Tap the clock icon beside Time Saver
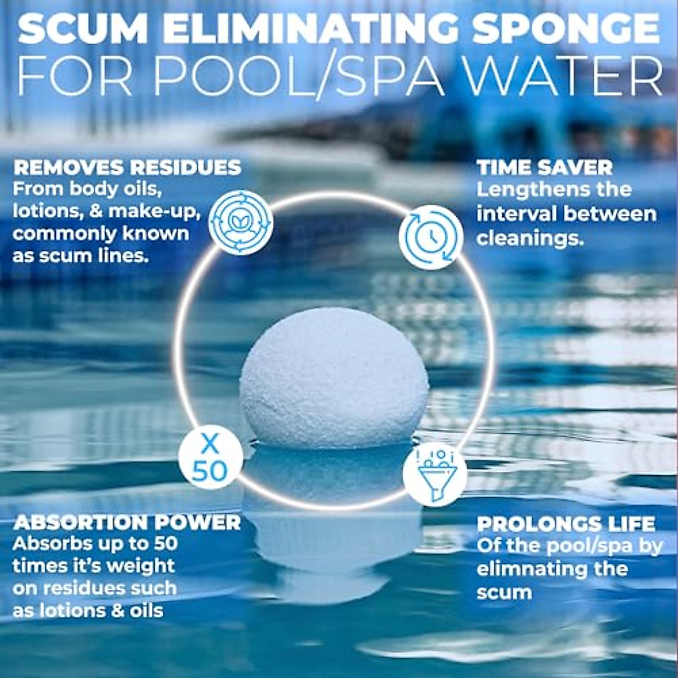coord(431,237)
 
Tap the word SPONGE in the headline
coord(565,29)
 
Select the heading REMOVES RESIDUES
coord(127,167)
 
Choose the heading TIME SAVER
coord(545,167)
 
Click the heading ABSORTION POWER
coord(127,522)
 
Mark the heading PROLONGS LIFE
coord(566,524)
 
